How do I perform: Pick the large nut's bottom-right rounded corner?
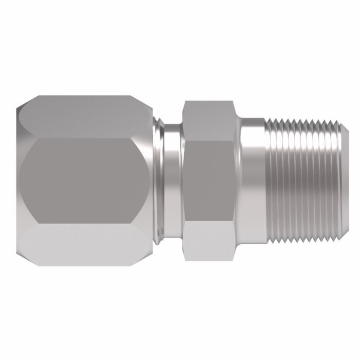coord(149,257)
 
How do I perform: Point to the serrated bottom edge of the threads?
coord(303,236)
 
